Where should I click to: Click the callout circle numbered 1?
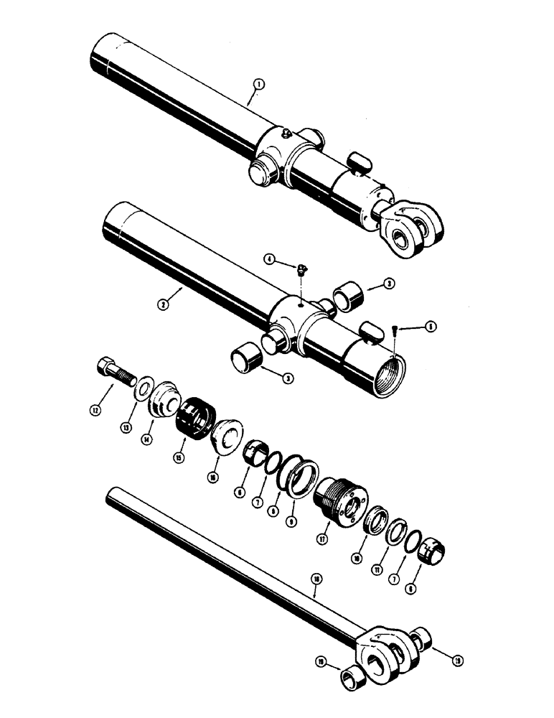[259, 85]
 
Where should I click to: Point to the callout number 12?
[94, 411]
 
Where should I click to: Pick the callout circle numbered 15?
[174, 457]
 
